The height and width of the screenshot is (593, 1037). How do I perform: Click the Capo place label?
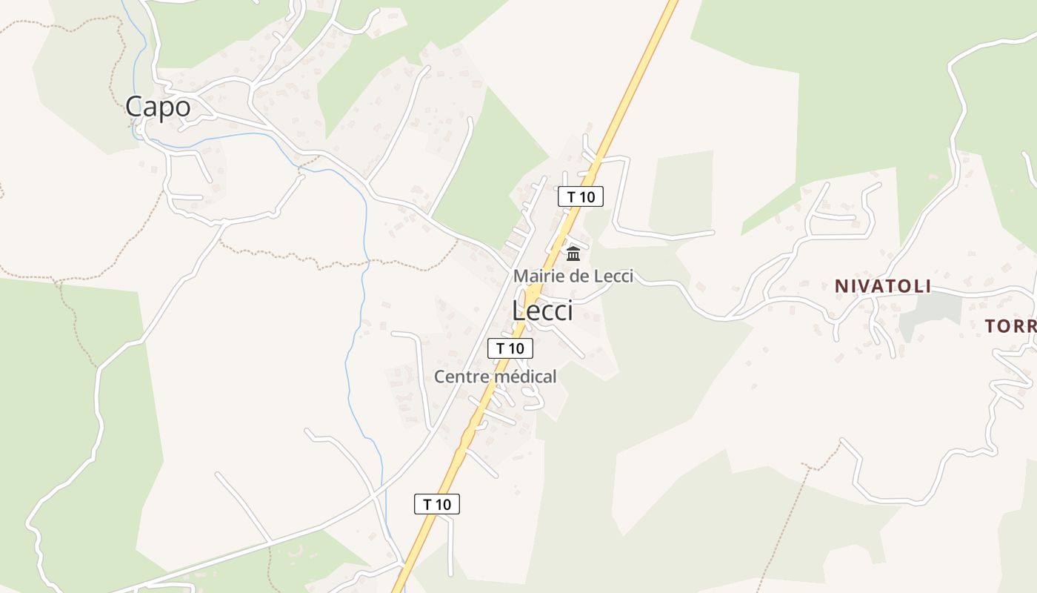click(158, 107)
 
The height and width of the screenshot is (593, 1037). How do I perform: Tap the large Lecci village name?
click(542, 311)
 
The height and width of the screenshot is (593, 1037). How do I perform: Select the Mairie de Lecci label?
click(573, 276)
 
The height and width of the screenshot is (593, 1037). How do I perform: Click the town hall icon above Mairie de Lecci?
click(573, 254)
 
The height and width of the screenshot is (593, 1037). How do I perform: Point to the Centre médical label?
click(495, 377)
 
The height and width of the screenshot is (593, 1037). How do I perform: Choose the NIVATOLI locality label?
click(882, 286)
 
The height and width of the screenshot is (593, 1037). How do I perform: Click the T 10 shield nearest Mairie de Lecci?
click(581, 197)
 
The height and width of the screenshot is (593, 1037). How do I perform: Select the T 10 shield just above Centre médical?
click(510, 348)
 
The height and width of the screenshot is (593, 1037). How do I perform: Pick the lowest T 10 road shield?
click(436, 505)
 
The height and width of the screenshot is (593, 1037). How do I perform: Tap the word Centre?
click(457, 377)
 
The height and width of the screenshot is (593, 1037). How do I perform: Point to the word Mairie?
click(537, 276)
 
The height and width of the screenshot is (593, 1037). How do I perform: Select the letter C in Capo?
click(135, 107)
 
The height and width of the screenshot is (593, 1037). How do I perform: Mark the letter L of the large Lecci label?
click(518, 311)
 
